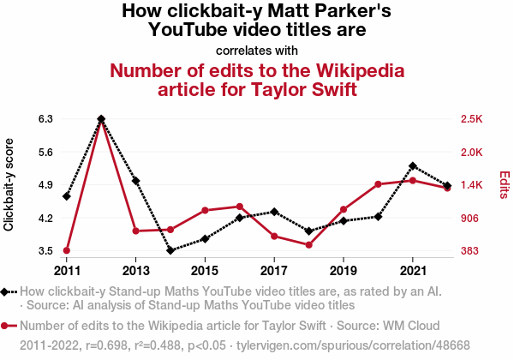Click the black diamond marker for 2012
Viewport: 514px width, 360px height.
tap(101, 119)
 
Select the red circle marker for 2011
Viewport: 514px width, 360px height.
tap(67, 250)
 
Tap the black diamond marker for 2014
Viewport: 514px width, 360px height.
tap(170, 250)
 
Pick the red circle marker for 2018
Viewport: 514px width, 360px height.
tap(308, 245)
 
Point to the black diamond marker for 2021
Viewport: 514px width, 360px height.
tap(413, 165)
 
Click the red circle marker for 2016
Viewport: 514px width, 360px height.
tap(240, 207)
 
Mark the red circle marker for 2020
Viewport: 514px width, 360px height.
tap(378, 184)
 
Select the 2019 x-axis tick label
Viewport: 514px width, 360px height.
tap(344, 259)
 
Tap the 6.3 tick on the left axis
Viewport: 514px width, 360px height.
tap(45, 119)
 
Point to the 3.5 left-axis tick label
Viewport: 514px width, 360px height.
tap(45, 251)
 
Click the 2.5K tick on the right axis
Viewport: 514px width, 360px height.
tap(472, 119)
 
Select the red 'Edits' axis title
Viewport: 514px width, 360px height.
tap(504, 184)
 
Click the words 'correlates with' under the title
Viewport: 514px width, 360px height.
tap(257, 49)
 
